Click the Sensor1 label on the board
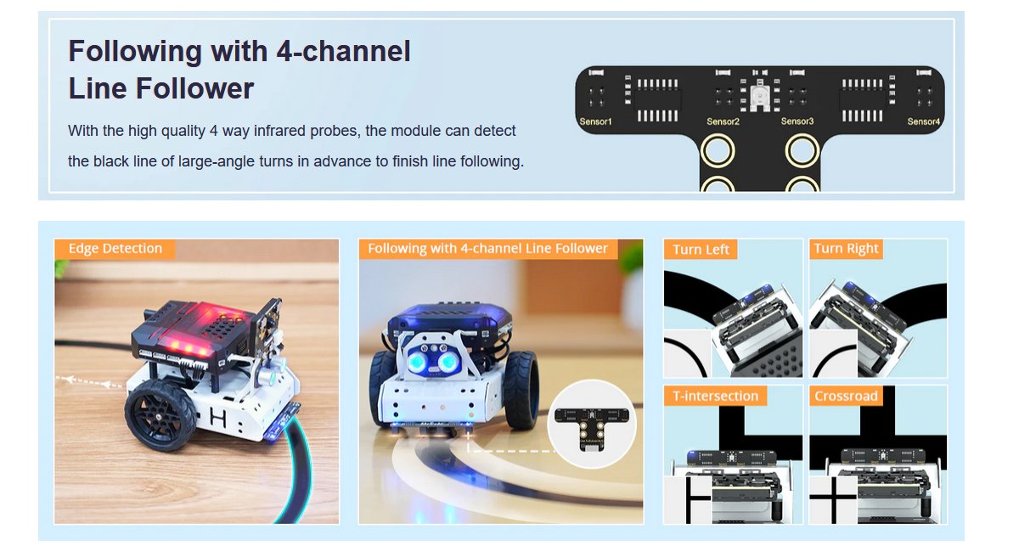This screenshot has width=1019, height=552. (x=595, y=122)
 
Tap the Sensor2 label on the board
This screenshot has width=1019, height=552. (x=723, y=121)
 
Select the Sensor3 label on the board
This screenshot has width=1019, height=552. (x=797, y=121)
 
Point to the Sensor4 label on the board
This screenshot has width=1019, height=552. (x=924, y=121)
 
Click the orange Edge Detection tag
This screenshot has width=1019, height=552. (x=115, y=249)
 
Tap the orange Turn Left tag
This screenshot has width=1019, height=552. (x=701, y=250)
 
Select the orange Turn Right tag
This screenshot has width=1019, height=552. (x=846, y=249)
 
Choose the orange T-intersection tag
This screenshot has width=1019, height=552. (x=715, y=396)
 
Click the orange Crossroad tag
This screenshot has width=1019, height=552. (x=846, y=396)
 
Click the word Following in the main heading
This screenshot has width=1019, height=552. (x=135, y=52)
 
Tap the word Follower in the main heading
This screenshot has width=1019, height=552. (x=194, y=88)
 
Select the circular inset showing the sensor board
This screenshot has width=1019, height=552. (x=591, y=424)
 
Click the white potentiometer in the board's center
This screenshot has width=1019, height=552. (x=759, y=94)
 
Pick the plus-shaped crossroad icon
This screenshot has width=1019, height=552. (x=833, y=499)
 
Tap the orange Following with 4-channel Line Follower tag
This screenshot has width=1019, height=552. (x=488, y=249)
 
